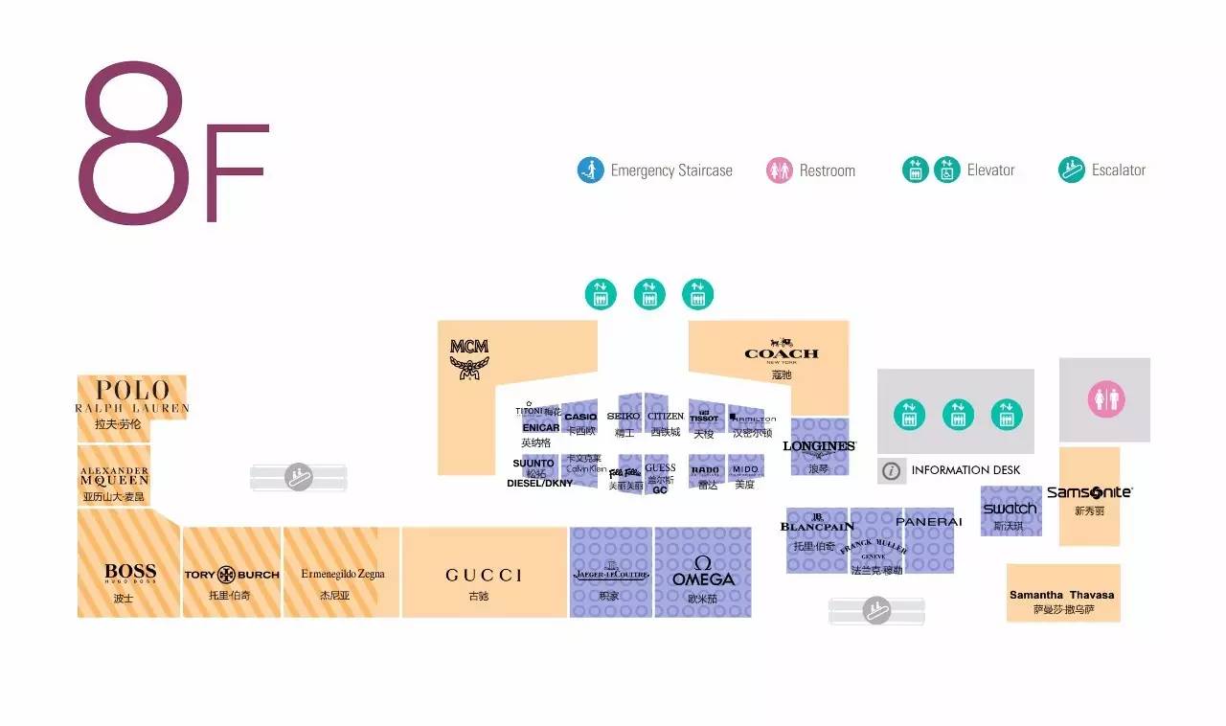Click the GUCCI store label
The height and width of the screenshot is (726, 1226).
pos(484,575)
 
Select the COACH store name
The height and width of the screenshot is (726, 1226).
pos(782,352)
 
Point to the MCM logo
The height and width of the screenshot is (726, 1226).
pos(469,356)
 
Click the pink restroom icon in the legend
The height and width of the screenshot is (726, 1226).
pos(780,170)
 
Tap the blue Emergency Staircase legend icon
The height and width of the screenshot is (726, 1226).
pos(590,170)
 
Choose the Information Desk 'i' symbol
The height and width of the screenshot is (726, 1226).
pos(892,470)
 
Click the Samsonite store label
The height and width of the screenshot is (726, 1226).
pos(1089,492)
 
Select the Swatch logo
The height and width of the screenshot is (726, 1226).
pos(1010,508)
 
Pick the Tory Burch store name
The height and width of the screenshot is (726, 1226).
pos(232,575)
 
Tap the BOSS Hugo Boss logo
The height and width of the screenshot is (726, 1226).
pos(130,574)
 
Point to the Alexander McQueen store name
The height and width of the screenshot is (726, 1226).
pos(115,476)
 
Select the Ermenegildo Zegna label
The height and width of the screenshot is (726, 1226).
pos(342,574)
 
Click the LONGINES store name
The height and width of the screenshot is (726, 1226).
pos(818,446)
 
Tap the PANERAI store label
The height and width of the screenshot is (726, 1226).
pos(928,522)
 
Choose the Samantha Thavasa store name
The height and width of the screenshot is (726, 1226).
pos(1061,595)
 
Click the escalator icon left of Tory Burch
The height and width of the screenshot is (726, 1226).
pos(300,476)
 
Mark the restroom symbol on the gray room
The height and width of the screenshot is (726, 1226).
pos(1105,400)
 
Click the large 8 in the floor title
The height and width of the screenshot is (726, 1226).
pos(134,144)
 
